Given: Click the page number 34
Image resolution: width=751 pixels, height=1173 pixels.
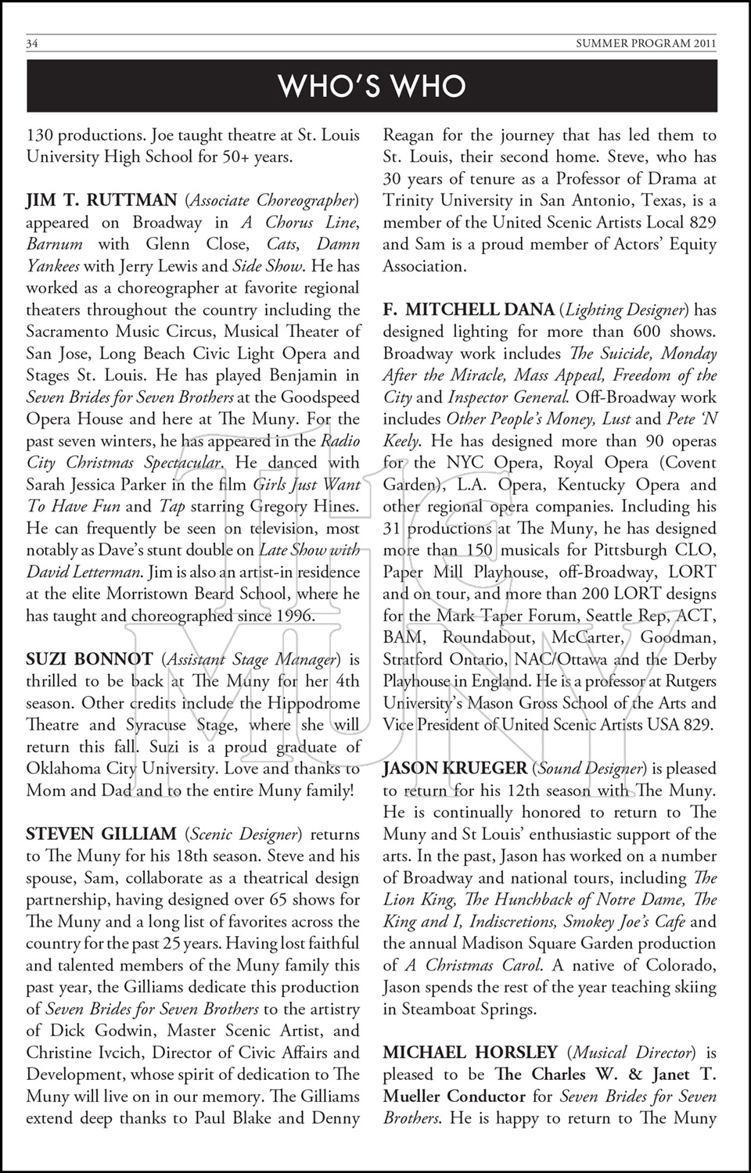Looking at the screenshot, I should (33, 44).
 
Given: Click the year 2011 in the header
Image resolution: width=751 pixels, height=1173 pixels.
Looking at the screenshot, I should (702, 44).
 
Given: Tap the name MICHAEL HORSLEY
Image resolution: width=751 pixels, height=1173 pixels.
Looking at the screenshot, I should (470, 1053).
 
